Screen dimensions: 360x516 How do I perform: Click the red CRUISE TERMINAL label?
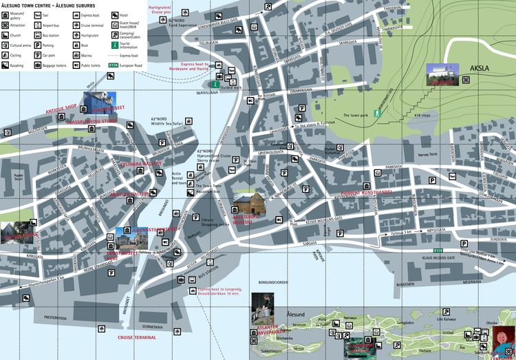(x=136, y=337)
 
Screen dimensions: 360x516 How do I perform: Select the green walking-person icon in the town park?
(x=376, y=112)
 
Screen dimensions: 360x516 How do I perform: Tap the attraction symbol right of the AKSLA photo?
(x=466, y=80)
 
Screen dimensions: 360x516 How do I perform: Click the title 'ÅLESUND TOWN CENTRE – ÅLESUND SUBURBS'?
(x=50, y=5)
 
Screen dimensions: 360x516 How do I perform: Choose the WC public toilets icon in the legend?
(x=76, y=65)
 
